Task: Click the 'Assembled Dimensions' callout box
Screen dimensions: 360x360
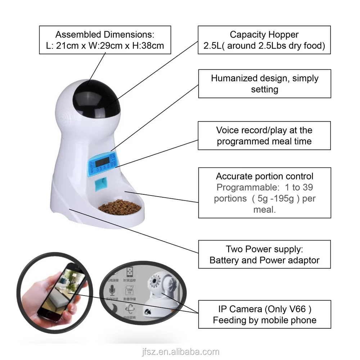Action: (104, 40)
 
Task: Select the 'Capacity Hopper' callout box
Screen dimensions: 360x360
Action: (264, 40)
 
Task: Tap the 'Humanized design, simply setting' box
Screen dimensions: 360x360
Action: (264, 84)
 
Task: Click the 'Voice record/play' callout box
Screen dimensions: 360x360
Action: (264, 135)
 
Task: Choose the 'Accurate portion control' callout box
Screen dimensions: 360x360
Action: (264, 193)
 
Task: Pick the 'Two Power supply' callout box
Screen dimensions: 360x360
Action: (264, 254)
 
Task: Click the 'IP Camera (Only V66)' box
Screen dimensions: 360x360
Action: (264, 314)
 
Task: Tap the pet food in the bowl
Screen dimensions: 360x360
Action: (120, 207)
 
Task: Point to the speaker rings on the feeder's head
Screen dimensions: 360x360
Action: (61, 108)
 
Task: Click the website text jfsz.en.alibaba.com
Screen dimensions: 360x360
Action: (180, 352)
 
